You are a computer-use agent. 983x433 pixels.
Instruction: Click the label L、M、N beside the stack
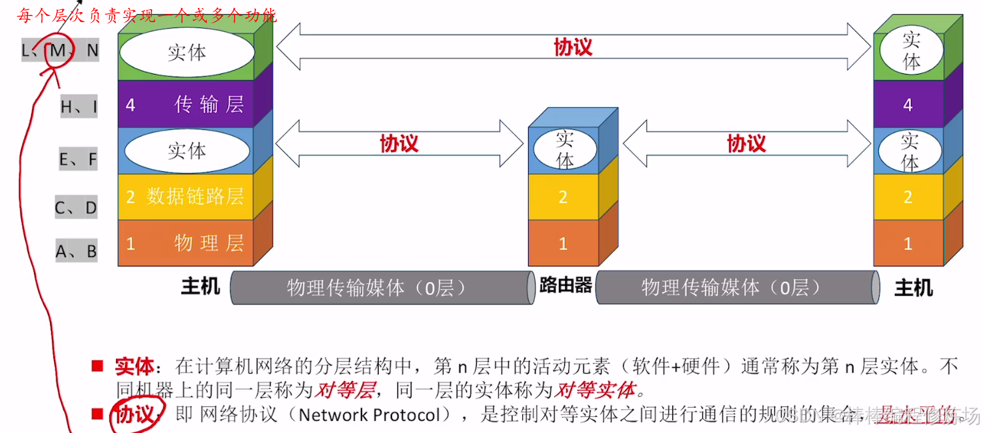[60, 51]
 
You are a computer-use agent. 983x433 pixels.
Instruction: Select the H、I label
[79, 106]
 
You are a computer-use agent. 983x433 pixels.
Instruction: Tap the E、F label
[78, 159]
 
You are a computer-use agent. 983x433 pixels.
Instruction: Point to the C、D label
[76, 208]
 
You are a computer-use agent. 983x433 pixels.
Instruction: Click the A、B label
[76, 252]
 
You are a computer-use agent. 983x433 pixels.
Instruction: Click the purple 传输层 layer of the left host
[185, 105]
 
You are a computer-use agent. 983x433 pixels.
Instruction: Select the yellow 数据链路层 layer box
[185, 197]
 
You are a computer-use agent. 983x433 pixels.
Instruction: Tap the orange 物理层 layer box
[185, 243]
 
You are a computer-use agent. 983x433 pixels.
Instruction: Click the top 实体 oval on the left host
[187, 52]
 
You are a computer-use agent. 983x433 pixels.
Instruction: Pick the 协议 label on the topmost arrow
[573, 47]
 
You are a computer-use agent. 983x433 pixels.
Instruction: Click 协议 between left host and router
[399, 143]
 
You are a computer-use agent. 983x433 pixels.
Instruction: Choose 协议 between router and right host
[746, 143]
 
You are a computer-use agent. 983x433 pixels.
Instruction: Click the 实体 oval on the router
[564, 150]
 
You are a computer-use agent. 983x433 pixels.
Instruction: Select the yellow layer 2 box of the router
[563, 197]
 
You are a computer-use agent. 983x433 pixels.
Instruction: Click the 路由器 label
[566, 286]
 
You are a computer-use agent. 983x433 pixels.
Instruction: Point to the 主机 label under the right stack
[913, 288]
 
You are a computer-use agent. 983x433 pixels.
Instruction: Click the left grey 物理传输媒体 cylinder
[381, 288]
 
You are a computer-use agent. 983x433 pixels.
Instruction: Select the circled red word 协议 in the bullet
[135, 414]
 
